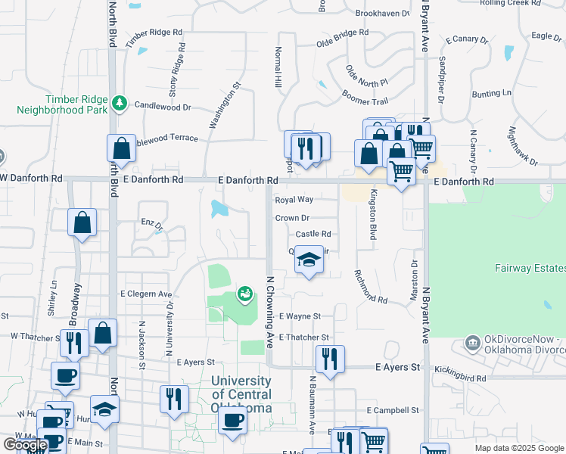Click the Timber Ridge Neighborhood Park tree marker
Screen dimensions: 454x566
(x=119, y=103)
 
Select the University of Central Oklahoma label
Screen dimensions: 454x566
(x=241, y=394)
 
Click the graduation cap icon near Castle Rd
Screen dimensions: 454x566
(x=307, y=260)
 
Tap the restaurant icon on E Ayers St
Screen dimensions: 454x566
(x=328, y=359)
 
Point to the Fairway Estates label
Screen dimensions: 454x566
(x=530, y=267)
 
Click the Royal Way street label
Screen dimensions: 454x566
(x=294, y=200)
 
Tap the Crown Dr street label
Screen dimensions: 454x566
(x=292, y=218)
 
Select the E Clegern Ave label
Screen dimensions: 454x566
(x=146, y=294)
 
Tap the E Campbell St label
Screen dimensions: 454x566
(x=393, y=410)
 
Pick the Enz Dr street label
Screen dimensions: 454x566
(x=152, y=225)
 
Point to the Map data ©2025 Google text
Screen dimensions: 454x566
(x=518, y=448)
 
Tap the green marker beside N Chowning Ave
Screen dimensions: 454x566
(x=244, y=293)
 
